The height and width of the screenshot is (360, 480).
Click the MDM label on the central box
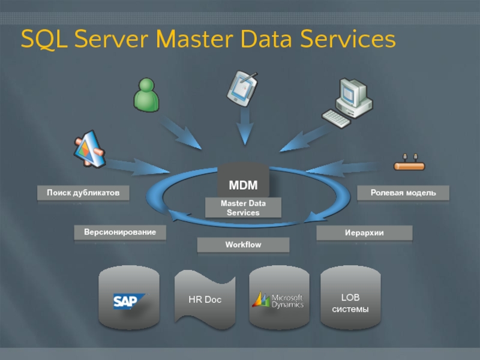[243, 185]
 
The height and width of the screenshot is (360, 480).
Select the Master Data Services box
[243, 208]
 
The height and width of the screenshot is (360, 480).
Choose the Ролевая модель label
[403, 193]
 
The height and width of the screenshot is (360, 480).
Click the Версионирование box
[120, 232]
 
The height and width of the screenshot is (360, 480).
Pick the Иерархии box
[364, 233]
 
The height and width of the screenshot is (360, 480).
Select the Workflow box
[243, 245]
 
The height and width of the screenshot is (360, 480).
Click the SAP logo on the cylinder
[129, 299]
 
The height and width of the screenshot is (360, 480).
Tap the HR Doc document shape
[205, 299]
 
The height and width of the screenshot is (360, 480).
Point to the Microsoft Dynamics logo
[278, 299]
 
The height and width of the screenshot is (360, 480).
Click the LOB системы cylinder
[350, 299]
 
